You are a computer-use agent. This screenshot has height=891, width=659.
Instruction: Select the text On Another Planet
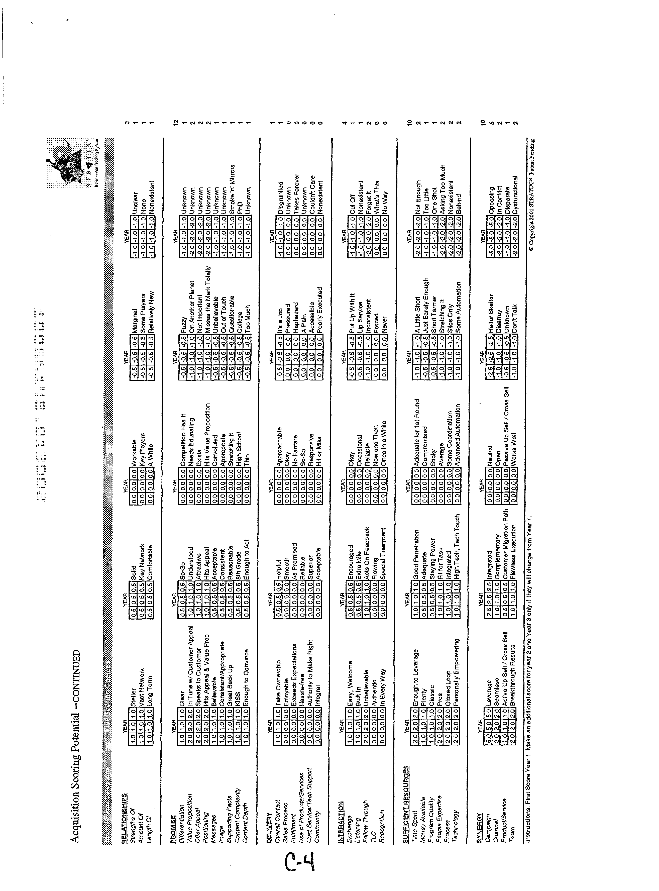point(192,307)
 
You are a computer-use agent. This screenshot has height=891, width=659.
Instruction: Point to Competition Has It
point(183,439)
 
